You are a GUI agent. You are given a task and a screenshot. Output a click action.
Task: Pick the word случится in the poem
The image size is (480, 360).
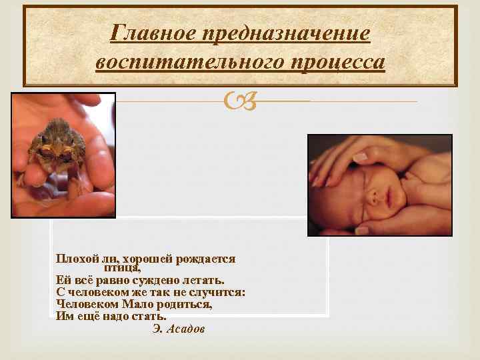pyautogui.click(x=222, y=293)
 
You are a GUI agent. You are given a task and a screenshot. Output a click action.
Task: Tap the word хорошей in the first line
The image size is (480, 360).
pyautogui.click(x=138, y=259)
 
